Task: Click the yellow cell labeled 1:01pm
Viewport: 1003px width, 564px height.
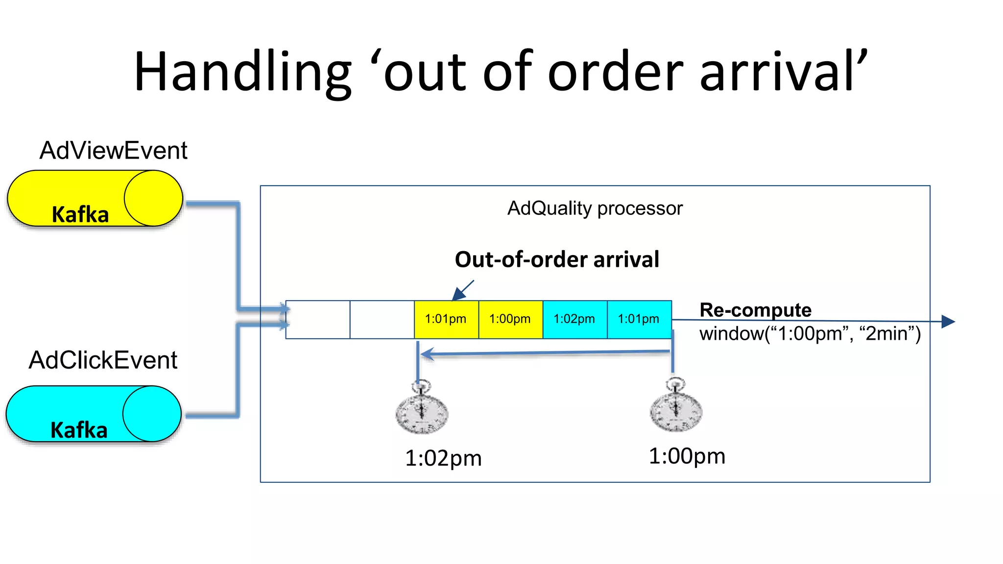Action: pos(446,319)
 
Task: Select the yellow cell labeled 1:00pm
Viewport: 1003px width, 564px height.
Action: pos(510,319)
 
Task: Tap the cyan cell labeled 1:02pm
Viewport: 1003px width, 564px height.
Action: pos(574,319)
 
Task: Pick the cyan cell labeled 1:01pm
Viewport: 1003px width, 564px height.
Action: pos(639,319)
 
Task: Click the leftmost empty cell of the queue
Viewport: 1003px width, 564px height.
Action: pos(318,319)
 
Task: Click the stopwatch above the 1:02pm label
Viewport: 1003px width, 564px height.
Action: pos(422,409)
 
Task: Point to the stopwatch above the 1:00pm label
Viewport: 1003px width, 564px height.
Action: pos(676,407)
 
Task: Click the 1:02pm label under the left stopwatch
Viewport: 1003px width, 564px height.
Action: pos(443,458)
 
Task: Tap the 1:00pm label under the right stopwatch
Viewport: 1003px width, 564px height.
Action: pos(687,456)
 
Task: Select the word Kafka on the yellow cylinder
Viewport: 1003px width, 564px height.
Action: pos(80,214)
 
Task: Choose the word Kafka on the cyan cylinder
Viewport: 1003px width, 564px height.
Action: pos(79,430)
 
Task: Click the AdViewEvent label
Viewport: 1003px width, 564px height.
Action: pos(113,150)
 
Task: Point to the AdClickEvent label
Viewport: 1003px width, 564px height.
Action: pos(103,360)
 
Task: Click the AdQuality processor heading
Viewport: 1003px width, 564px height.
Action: pos(595,209)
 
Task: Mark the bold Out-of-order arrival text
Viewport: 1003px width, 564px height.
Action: pos(557,259)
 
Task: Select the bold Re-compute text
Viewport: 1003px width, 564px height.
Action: pos(755,310)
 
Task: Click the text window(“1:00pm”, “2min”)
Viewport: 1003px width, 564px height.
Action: pos(810,334)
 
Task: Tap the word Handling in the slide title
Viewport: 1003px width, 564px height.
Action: pos(242,72)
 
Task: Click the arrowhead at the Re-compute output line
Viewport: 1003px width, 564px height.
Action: pos(949,322)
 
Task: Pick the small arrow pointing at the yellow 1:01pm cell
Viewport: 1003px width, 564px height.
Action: pos(462,290)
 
